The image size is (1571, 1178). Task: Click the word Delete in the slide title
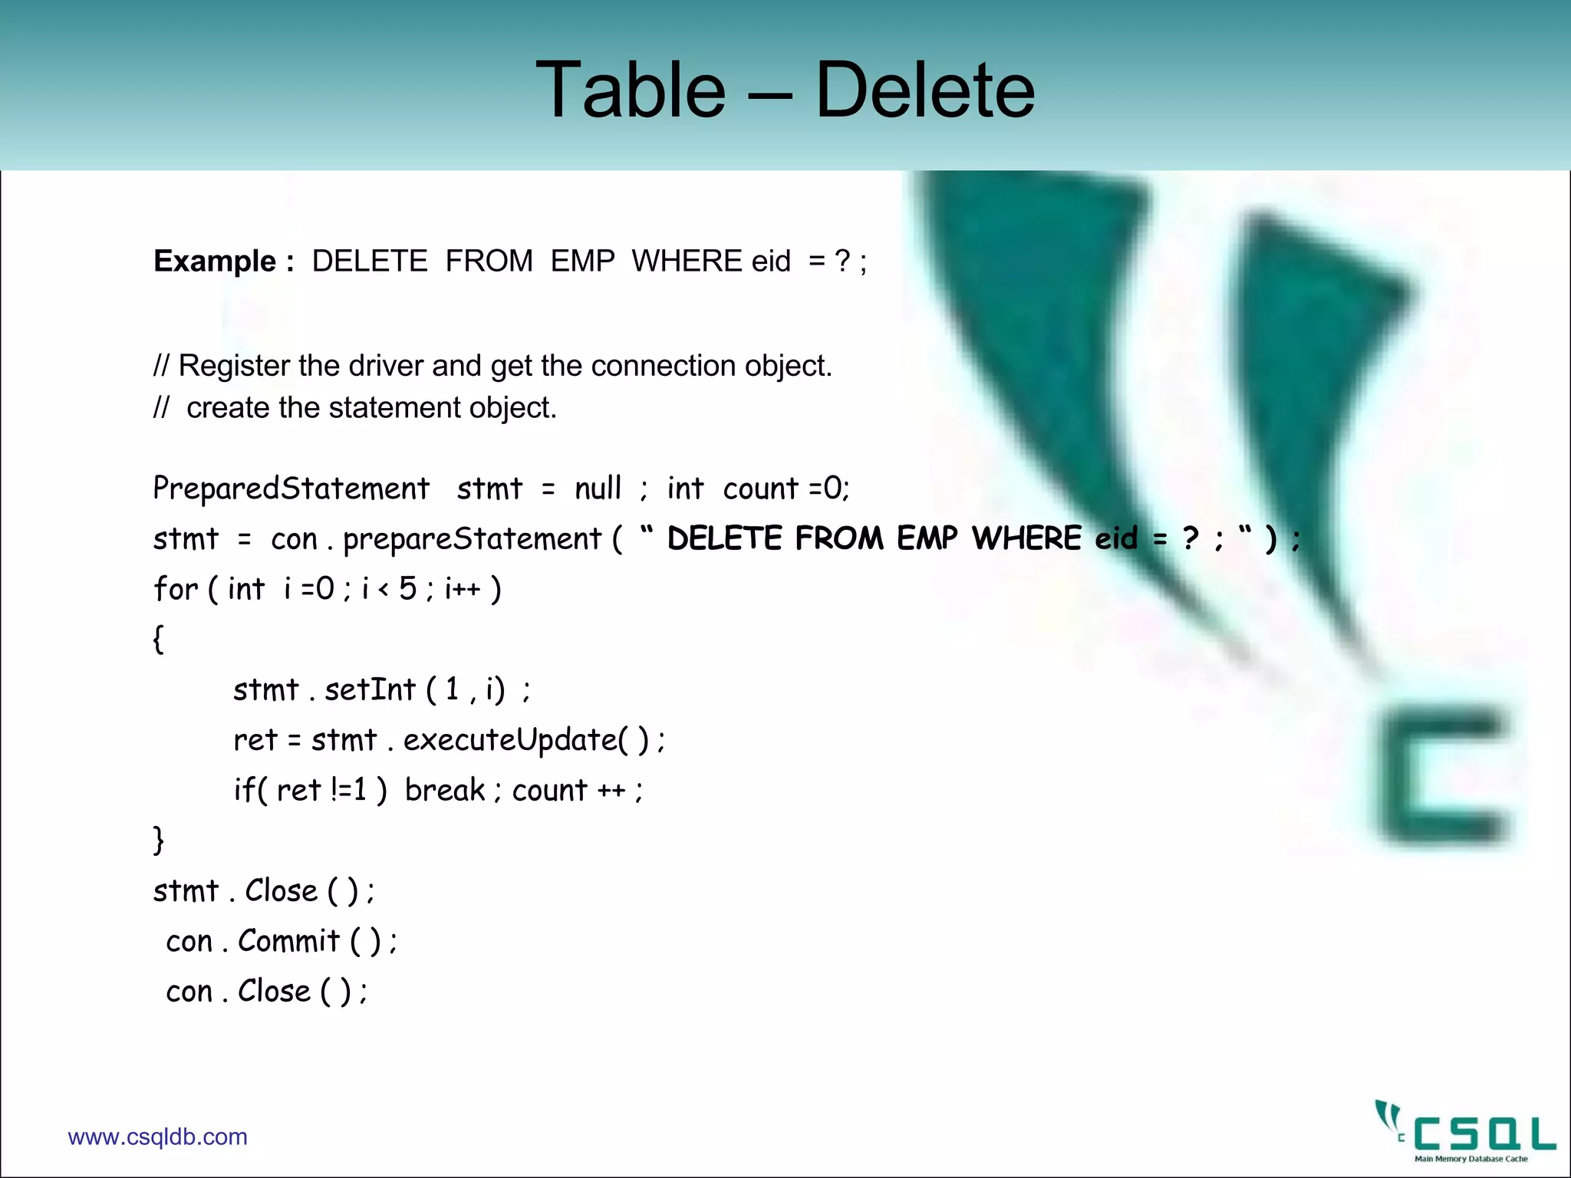pyautogui.click(x=924, y=90)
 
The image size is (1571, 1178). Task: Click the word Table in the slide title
pyautogui.click(x=630, y=90)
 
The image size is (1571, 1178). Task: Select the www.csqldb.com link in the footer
pyautogui.click(x=157, y=1137)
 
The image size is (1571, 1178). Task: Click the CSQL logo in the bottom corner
pyautogui.click(x=1465, y=1132)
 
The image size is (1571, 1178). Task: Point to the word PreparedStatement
pyautogui.click(x=291, y=489)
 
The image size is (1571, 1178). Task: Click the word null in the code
pyautogui.click(x=598, y=489)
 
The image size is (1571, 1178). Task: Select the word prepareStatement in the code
pyautogui.click(x=472, y=539)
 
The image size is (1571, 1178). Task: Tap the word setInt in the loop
pyautogui.click(x=370, y=689)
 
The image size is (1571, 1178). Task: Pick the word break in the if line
pyautogui.click(x=445, y=790)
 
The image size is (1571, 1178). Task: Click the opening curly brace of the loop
pyautogui.click(x=158, y=639)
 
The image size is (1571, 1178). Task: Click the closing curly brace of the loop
pyautogui.click(x=158, y=841)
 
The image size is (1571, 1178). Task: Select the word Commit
pyautogui.click(x=288, y=941)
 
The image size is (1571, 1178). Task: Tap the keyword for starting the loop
pyautogui.click(x=176, y=589)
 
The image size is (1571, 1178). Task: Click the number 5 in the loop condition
pyautogui.click(x=407, y=589)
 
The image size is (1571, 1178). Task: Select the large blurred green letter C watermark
pyautogui.click(x=1442, y=778)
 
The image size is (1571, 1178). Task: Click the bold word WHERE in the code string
pyautogui.click(x=1026, y=538)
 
